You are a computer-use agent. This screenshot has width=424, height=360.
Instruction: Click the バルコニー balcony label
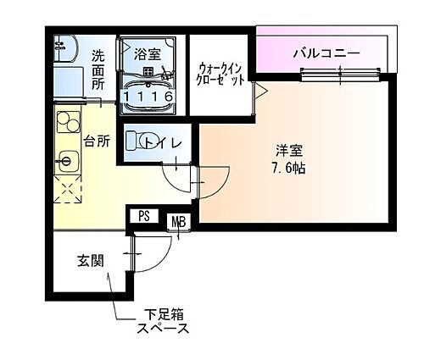[326, 53]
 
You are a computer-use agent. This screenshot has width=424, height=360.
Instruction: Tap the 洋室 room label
[288, 152]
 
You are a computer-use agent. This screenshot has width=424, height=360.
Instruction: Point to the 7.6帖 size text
[288, 168]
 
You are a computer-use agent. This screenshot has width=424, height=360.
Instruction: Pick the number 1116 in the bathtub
[148, 97]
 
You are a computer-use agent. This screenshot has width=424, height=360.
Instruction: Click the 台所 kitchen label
[95, 141]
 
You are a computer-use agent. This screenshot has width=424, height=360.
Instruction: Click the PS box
[144, 217]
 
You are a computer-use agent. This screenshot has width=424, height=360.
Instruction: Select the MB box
[179, 222]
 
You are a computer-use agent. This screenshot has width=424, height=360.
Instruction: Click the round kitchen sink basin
[66, 158]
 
